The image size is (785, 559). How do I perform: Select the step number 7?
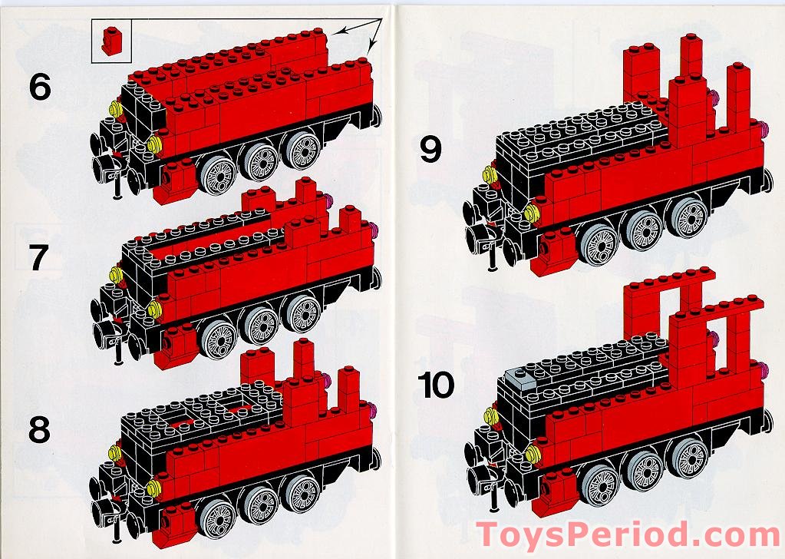[40, 260]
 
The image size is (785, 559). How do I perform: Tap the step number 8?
[40, 430]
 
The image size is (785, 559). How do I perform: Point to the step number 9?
[430, 150]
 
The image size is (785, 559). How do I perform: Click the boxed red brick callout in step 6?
[111, 41]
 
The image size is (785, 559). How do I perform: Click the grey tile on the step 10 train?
[523, 376]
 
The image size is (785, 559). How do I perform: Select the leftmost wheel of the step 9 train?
[600, 244]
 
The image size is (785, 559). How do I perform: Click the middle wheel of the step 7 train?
[261, 325]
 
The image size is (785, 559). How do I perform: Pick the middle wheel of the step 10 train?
[643, 469]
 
